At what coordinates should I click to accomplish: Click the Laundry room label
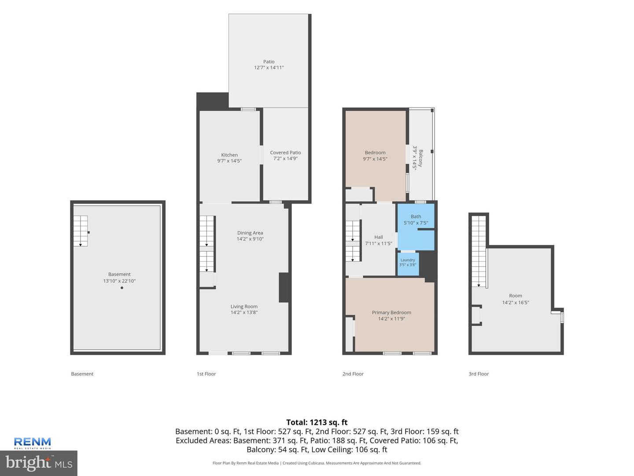(x=408, y=260)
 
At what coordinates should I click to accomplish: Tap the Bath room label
(x=416, y=216)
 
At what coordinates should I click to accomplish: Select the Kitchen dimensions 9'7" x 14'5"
(x=229, y=161)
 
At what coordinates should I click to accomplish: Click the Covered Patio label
(x=285, y=152)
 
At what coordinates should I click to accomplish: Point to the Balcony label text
(x=420, y=158)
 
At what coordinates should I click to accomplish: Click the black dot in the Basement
(x=122, y=287)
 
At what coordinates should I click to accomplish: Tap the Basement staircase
(x=81, y=231)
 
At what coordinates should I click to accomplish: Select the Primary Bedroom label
(x=391, y=312)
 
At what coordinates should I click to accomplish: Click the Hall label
(x=378, y=237)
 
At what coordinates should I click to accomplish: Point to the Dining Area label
(x=250, y=233)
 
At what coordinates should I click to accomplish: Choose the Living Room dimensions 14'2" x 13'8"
(x=244, y=312)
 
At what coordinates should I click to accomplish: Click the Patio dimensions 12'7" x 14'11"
(x=269, y=67)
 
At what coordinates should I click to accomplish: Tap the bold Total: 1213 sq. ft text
(x=317, y=422)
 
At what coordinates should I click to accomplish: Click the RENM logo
(x=32, y=443)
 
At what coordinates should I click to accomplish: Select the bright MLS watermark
(x=39, y=463)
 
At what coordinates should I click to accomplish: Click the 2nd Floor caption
(x=353, y=374)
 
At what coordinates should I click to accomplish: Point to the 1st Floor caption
(x=206, y=374)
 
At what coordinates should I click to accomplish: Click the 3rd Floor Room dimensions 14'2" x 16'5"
(x=516, y=302)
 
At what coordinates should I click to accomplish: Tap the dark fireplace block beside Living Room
(x=284, y=287)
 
